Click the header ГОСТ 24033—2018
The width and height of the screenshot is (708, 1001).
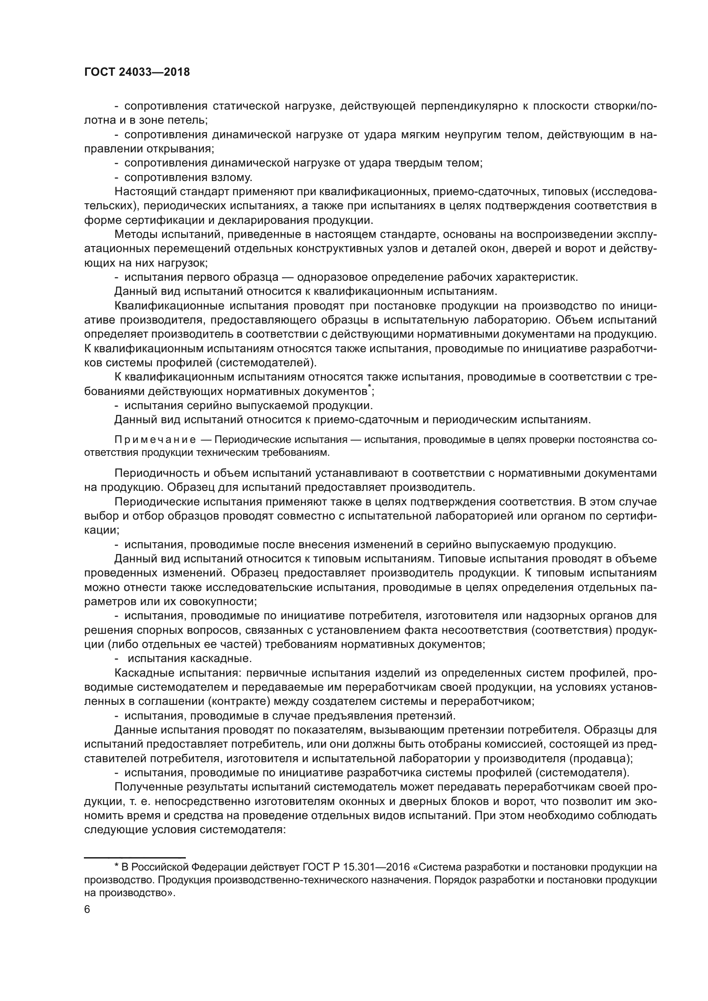137,72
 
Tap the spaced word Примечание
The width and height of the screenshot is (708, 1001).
155,440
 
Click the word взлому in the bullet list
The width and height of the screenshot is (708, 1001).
232,178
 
